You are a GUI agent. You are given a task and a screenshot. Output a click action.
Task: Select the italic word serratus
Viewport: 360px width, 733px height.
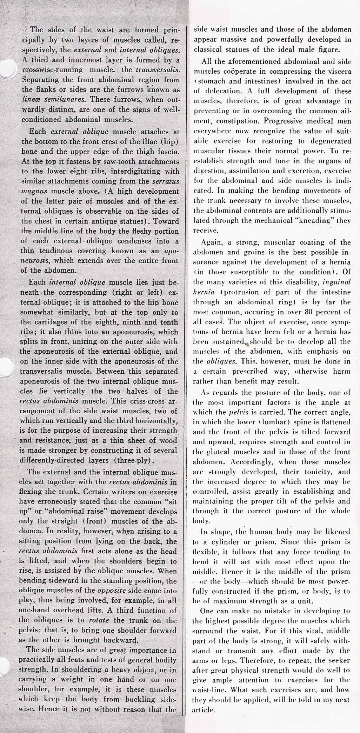coord(166,181)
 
